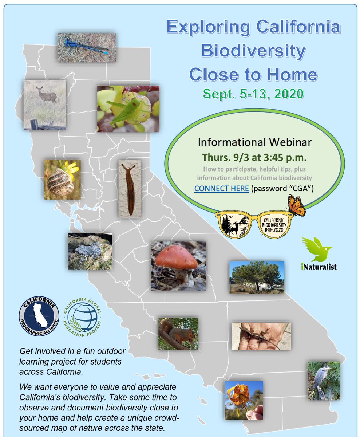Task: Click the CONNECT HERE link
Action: [x=221, y=189]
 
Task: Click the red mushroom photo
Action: [x=178, y=266]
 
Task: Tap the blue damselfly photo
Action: [x=87, y=48]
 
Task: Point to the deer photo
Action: [x=45, y=105]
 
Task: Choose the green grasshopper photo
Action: [x=128, y=109]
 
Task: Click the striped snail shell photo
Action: [x=62, y=179]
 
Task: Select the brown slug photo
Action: [x=130, y=189]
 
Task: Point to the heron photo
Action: [x=323, y=381]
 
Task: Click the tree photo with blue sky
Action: [x=257, y=277]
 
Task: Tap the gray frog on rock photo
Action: [x=90, y=251]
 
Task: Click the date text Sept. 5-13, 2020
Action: [x=253, y=94]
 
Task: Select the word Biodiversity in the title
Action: [x=253, y=51]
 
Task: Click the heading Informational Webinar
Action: [x=255, y=142]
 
